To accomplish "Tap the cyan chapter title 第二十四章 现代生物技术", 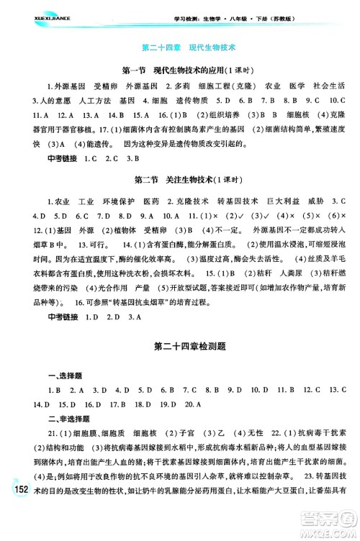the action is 180,49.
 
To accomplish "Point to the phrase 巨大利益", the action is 282,198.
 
